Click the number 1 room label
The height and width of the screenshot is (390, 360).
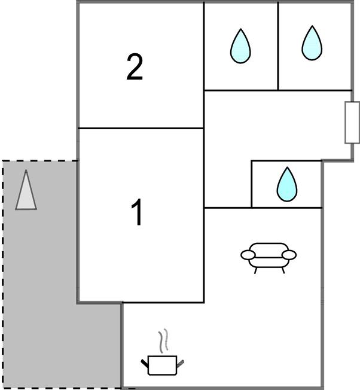click(x=138, y=213)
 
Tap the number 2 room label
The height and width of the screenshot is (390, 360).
click(x=135, y=67)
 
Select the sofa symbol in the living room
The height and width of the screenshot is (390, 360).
click(x=269, y=255)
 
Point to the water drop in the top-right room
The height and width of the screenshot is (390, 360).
click(x=312, y=44)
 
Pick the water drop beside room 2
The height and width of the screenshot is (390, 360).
click(x=240, y=47)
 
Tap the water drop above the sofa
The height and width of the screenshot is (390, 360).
click(x=286, y=184)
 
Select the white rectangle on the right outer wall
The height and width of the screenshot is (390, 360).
click(x=352, y=123)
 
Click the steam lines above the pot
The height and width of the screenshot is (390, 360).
click(x=162, y=341)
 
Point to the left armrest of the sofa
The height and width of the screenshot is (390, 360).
click(x=248, y=255)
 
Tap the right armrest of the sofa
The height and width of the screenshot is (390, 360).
click(x=289, y=255)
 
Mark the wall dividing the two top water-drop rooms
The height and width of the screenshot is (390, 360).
click(x=278, y=45)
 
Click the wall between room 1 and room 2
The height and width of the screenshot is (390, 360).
click(x=141, y=128)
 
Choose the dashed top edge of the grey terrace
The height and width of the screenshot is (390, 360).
click(x=39, y=161)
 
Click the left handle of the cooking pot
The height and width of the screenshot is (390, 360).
click(x=145, y=361)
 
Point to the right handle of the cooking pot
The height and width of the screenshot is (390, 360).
click(x=181, y=361)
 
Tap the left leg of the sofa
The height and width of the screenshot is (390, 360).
click(x=257, y=270)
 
